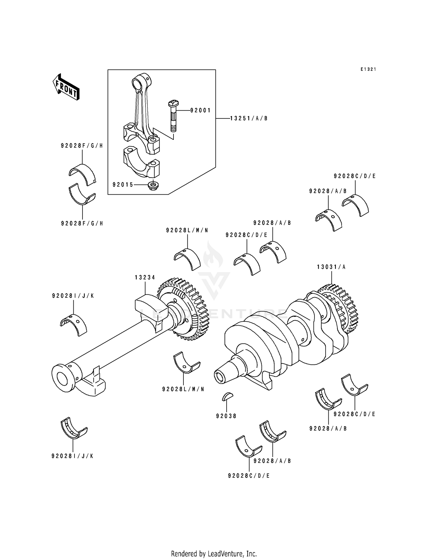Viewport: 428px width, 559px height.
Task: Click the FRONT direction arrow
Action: [x=66, y=87]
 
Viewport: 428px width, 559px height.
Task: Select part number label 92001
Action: [x=200, y=110]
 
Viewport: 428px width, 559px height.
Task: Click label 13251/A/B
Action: [x=249, y=118]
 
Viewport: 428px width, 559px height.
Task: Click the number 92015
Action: [x=123, y=185]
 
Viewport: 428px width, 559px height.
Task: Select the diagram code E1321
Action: [x=368, y=69]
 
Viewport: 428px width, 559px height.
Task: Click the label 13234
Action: [x=145, y=277]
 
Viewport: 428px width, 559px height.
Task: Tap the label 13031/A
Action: [x=331, y=267]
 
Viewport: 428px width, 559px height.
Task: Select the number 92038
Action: [x=226, y=416]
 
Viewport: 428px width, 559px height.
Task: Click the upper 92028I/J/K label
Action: [x=73, y=296]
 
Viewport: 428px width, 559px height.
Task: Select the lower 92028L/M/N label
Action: [x=183, y=389]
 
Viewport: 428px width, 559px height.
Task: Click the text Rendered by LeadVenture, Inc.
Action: [x=214, y=554]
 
